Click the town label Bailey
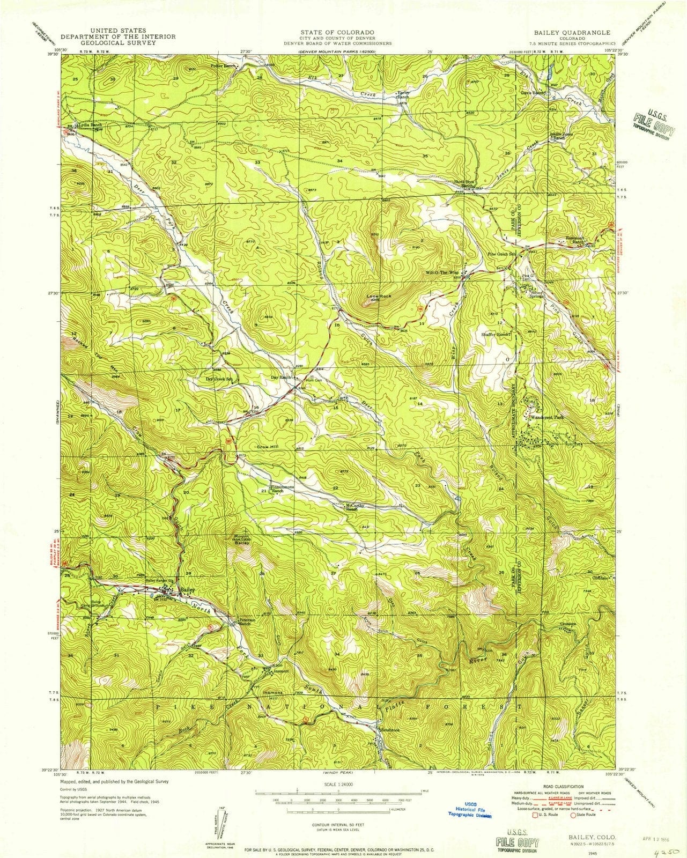[x=187, y=589]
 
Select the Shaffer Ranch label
[x=494, y=334]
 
